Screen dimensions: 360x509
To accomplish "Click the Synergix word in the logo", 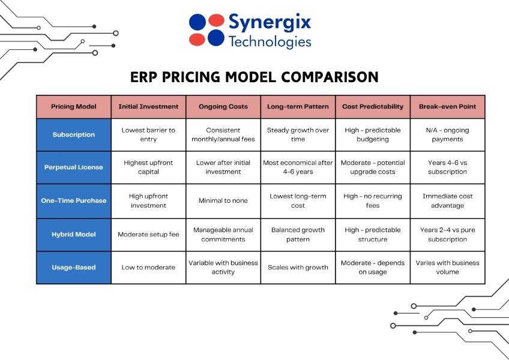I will pos(270,23).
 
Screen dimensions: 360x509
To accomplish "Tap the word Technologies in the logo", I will pos(270,41).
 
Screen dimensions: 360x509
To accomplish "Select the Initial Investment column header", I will pos(148,107).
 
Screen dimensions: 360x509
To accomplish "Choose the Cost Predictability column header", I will pos(373,107).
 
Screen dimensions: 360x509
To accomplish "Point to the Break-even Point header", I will pos(447,107).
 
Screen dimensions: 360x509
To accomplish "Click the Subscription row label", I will pos(74,134).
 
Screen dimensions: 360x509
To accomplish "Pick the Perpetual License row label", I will pos(74,167).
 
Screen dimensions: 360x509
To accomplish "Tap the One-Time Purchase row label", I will pos(74,200).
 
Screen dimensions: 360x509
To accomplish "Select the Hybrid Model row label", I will pos(74,235).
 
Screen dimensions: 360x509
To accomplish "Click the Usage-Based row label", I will pos(74,268).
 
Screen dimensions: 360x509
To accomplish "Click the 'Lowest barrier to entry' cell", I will pos(148,134).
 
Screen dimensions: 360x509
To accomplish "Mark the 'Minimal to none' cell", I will pos(223,200).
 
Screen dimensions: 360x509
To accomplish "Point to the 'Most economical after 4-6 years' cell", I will pos(298,167).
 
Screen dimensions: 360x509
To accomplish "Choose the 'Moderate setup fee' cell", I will pos(148,235).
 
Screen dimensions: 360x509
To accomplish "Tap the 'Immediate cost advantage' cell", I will pos(447,200).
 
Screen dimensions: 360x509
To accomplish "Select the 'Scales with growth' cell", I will pos(298,268).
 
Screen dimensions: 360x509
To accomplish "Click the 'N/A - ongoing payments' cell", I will pos(447,134).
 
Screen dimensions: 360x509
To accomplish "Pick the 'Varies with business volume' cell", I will pos(447,268).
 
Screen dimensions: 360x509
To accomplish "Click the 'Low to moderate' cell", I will pos(148,268).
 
